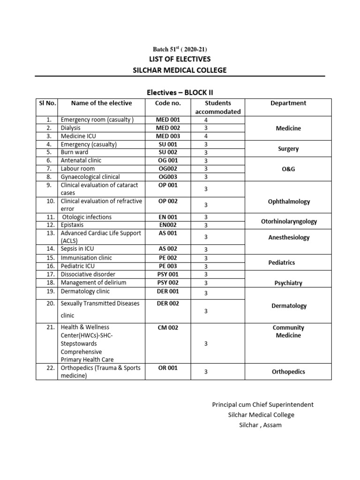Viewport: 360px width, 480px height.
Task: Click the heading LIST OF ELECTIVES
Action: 180,59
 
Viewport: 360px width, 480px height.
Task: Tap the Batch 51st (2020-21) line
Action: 180,49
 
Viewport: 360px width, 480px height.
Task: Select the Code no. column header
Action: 167,103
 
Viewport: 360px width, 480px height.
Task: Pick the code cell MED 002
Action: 167,128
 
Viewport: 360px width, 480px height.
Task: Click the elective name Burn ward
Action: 75,152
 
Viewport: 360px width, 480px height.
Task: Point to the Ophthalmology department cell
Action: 288,202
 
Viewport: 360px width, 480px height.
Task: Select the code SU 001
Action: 167,144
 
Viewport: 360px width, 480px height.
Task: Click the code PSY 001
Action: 167,274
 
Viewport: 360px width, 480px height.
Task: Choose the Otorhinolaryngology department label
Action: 288,221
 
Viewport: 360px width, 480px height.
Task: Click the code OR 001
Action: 167,368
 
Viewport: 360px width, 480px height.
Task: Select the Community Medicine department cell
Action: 288,331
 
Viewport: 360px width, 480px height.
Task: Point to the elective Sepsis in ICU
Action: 79,249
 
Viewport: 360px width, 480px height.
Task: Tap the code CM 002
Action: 167,328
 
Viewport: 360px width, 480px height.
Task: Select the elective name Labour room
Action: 78,169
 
